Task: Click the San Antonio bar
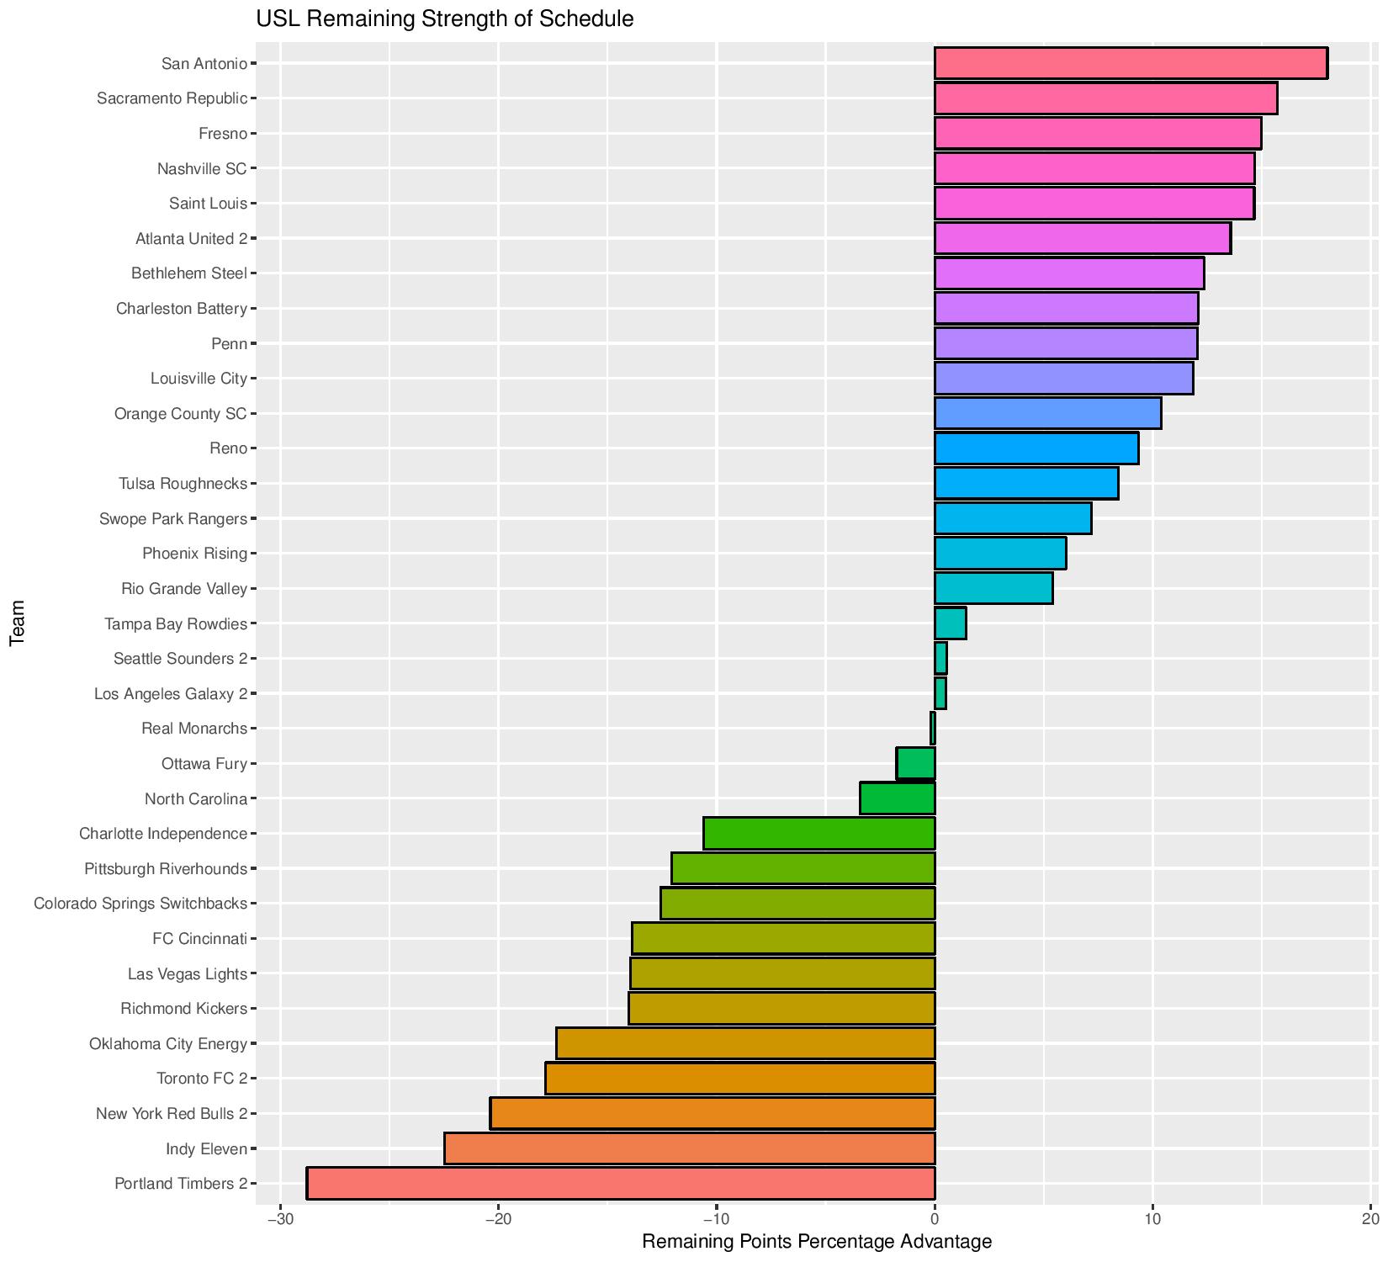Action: point(1131,63)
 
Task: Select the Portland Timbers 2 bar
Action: point(621,1183)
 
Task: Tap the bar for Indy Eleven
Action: point(690,1148)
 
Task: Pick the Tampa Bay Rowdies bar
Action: point(951,623)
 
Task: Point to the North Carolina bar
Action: point(898,798)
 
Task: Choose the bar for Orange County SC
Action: point(1047,413)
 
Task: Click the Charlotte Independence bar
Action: point(819,833)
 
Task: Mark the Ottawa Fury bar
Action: point(916,763)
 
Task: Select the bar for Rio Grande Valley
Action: point(993,588)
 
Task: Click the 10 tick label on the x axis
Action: point(1152,1218)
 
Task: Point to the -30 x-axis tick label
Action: point(279,1218)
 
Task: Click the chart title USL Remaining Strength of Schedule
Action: point(445,19)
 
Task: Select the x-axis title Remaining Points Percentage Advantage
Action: point(817,1242)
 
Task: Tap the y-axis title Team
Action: point(17,623)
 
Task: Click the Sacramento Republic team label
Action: point(172,98)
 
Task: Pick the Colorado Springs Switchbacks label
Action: point(140,904)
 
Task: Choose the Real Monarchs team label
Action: point(194,729)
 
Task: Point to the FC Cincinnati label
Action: point(200,938)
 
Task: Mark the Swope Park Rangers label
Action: point(173,519)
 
